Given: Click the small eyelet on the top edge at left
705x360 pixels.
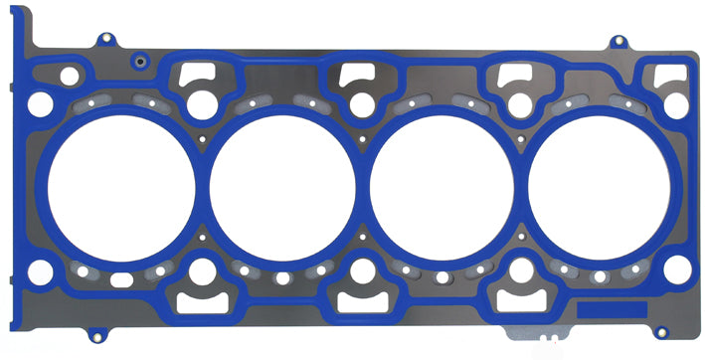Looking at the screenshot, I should click(x=104, y=41).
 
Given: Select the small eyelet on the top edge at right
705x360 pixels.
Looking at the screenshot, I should click(x=618, y=42).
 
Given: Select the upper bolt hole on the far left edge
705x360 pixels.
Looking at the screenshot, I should click(x=40, y=102).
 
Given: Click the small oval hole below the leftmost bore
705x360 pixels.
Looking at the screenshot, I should click(x=121, y=280).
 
